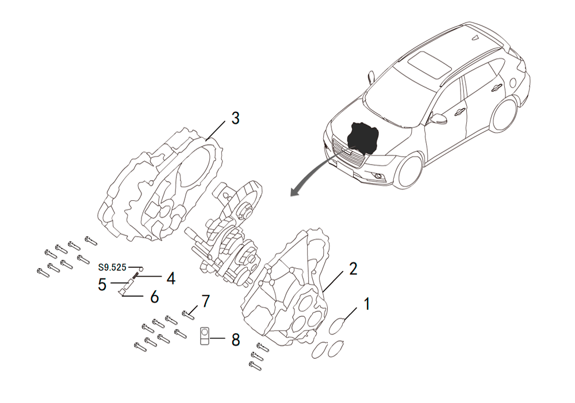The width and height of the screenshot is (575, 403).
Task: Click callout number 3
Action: click(235, 118)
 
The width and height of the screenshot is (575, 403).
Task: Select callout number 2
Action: click(353, 269)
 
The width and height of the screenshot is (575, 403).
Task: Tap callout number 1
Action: click(366, 305)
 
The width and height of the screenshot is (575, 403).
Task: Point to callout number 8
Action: click(236, 340)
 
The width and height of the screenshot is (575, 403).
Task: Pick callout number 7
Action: click(205, 301)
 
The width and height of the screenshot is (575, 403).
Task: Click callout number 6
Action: click(154, 296)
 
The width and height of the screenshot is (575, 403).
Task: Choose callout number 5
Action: click(102, 284)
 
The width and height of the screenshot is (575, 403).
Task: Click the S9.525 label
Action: click(112, 267)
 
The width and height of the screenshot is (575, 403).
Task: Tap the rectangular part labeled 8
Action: click(205, 336)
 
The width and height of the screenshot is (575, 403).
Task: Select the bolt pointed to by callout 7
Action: click(188, 314)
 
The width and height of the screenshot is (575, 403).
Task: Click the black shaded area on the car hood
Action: click(363, 139)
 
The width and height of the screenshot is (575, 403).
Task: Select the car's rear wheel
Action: click(505, 115)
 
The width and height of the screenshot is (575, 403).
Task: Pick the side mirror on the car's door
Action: click(437, 119)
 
